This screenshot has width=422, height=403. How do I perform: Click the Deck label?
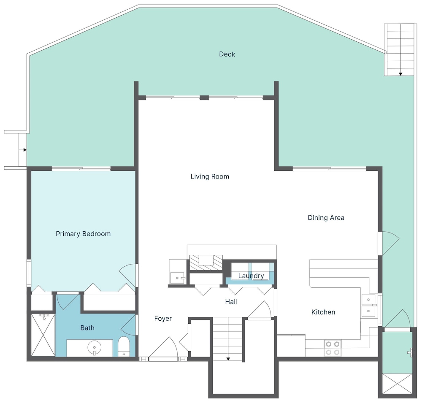[x=227, y=54]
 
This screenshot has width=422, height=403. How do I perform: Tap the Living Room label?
[x=210, y=176]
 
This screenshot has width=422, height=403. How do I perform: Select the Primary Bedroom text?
[x=83, y=234]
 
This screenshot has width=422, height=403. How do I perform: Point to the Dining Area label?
[x=326, y=217]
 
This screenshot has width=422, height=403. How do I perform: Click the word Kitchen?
[x=323, y=312]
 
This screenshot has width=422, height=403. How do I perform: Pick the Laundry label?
[x=251, y=276]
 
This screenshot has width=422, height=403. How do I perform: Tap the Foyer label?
[x=163, y=319]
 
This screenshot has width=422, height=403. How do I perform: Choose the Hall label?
[x=231, y=301]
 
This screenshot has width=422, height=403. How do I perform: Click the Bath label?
[x=87, y=327]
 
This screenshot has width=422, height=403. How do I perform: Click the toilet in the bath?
[x=124, y=346]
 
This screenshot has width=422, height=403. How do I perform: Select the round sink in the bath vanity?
[x=94, y=348]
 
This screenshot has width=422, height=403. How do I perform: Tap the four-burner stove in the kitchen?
[x=333, y=348]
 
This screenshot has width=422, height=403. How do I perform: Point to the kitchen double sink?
[x=369, y=305]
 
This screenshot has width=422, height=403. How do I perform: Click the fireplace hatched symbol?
[x=206, y=262]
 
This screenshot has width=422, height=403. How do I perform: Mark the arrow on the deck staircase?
[x=400, y=74]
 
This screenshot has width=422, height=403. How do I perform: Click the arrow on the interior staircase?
[x=228, y=359]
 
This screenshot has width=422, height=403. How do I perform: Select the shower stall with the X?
[x=43, y=335]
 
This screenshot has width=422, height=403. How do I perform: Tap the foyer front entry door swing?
[x=163, y=347]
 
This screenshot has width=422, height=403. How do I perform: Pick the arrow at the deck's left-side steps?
[x=25, y=150]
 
